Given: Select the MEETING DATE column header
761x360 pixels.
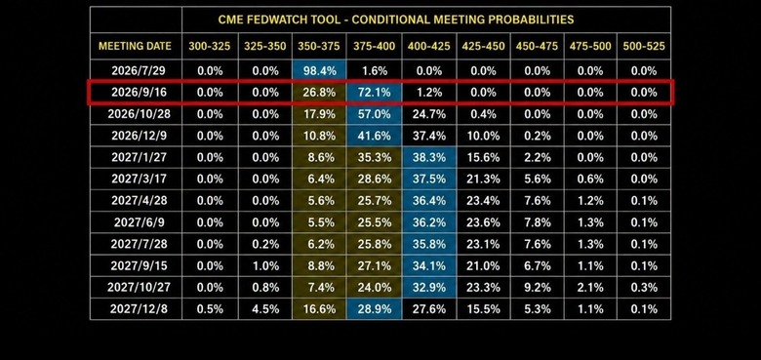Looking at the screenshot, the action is [x=135, y=47].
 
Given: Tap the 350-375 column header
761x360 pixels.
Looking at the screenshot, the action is [x=319, y=47].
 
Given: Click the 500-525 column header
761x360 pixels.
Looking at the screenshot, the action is [x=644, y=47].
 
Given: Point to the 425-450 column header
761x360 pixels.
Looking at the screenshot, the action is [x=483, y=47].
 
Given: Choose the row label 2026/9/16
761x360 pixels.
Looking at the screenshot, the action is [x=139, y=92].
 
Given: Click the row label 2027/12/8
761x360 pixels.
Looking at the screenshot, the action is [x=139, y=309].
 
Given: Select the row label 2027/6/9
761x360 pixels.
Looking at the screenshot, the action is [x=139, y=222].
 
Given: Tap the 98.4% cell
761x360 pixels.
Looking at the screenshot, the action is [x=319, y=71].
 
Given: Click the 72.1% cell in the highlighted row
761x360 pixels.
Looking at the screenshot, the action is [x=374, y=92].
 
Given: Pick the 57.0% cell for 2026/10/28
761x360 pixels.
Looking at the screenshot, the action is [x=374, y=114].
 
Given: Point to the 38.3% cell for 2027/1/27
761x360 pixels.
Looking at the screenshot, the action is [x=428, y=157].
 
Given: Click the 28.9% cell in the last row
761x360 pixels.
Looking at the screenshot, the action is [x=374, y=309].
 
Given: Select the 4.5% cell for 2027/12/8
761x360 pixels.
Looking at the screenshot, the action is [x=265, y=309].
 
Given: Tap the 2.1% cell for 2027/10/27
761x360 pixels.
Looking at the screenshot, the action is [x=590, y=287].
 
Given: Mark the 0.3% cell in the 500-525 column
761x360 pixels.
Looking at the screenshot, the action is [x=644, y=287].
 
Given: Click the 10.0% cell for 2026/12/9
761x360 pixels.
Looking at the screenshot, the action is [x=483, y=136].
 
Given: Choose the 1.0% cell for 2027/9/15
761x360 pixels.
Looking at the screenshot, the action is [x=265, y=266].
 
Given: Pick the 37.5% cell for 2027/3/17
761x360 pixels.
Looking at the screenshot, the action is [x=428, y=180].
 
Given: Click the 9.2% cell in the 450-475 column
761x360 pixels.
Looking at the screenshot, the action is [x=538, y=287].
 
